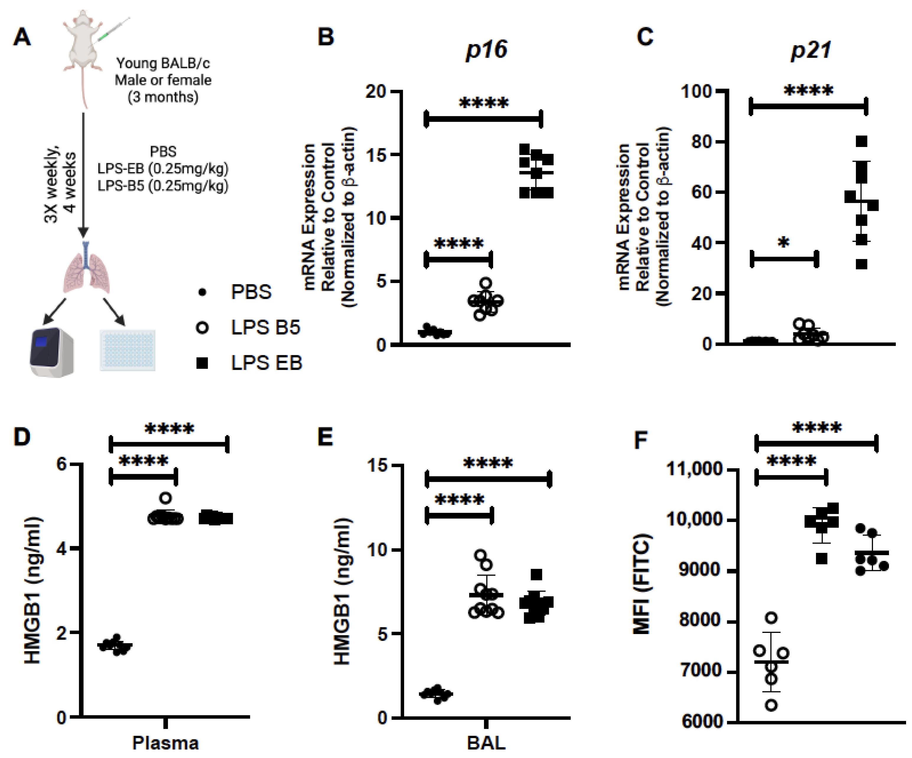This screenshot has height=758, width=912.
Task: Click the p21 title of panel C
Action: (x=811, y=50)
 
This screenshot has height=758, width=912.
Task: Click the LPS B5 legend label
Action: (x=265, y=327)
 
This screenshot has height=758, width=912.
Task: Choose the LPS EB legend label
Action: (x=266, y=363)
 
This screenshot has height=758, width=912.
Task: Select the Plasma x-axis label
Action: (x=165, y=743)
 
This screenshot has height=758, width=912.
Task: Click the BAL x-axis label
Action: (x=486, y=743)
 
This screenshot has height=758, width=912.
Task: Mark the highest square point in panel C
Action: (x=861, y=142)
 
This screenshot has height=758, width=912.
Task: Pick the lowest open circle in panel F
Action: (x=771, y=705)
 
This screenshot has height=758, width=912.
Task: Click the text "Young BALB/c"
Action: (x=163, y=64)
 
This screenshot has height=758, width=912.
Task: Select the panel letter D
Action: (x=22, y=437)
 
